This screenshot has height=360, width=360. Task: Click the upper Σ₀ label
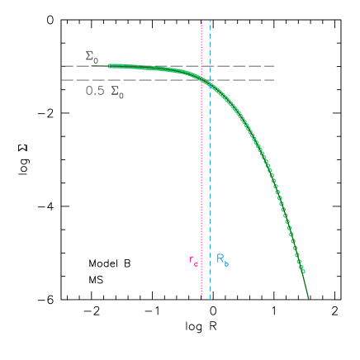point(92,57)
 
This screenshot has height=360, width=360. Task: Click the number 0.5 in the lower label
point(95,91)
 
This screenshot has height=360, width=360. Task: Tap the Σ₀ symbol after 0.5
point(117,92)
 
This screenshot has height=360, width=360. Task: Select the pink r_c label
point(193,261)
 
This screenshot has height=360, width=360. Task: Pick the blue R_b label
point(222,259)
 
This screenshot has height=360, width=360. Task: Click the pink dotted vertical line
point(201,165)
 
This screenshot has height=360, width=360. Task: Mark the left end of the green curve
point(109,65)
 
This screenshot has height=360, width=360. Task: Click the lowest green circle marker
point(303,272)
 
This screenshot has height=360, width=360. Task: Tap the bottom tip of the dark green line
point(309,298)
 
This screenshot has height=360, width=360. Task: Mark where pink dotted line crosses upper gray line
point(201,65)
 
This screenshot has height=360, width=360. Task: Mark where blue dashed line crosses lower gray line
point(210,80)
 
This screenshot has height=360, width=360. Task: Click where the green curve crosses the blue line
point(210,83)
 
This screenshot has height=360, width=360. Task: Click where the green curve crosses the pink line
point(201,78)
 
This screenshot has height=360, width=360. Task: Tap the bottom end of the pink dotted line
point(201,298)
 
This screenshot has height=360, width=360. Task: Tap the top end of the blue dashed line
point(210,21)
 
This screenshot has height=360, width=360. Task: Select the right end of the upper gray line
point(274,65)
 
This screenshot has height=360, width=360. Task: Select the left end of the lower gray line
point(62,80)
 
